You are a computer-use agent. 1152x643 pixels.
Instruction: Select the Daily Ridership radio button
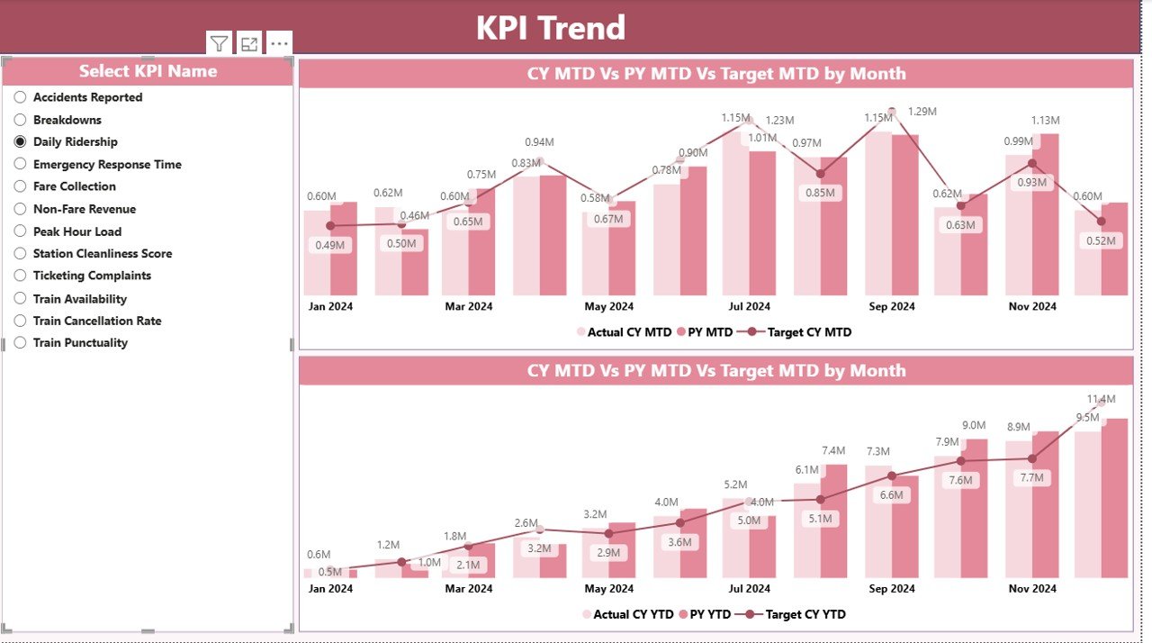click(20, 141)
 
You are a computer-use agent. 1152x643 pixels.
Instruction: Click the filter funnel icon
click(220, 43)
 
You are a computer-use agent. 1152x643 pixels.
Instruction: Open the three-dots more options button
click(279, 43)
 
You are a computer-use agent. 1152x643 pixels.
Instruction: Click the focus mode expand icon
click(249, 43)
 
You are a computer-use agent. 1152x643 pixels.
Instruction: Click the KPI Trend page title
click(550, 28)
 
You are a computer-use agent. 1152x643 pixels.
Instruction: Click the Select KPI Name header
click(148, 71)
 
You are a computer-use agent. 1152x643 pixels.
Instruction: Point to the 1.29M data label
click(922, 112)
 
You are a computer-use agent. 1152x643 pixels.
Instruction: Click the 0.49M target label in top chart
click(330, 245)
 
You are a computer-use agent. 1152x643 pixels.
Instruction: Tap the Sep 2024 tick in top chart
click(890, 306)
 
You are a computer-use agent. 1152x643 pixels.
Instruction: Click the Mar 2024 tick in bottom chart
click(469, 588)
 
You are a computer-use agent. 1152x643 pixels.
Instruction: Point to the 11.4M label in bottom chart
click(1101, 399)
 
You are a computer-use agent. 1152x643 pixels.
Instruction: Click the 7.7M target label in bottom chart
click(1031, 479)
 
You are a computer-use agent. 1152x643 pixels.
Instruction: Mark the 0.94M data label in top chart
click(539, 142)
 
